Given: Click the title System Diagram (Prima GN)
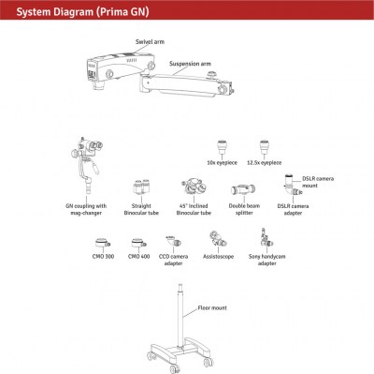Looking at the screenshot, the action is click(82, 12).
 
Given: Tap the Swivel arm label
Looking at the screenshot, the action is click(150, 42).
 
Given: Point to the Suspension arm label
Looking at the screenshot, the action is click(190, 64).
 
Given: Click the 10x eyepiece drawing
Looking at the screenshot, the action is click(222, 147).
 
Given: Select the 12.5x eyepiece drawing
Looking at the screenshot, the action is click(265, 147).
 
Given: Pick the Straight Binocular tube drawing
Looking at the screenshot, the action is click(141, 187).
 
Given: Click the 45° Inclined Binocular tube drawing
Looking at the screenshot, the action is click(194, 187).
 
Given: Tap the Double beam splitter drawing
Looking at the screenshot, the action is click(243, 189).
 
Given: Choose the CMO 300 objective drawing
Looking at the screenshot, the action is click(103, 243).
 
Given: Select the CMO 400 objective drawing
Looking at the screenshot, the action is click(138, 243).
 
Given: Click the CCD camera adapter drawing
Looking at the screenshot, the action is click(174, 241).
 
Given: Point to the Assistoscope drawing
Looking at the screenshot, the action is click(218, 239).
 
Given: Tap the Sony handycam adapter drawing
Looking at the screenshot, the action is click(266, 238).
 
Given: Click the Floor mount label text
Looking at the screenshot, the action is click(212, 308).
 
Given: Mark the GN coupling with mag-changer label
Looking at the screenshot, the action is click(86, 209).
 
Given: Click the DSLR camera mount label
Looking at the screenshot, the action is click(318, 182).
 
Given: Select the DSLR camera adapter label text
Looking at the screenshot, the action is click(293, 209).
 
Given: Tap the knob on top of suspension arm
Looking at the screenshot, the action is click(212, 74).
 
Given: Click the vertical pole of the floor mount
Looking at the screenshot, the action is click(180, 316).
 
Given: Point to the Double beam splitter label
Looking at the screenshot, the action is click(244, 209).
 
